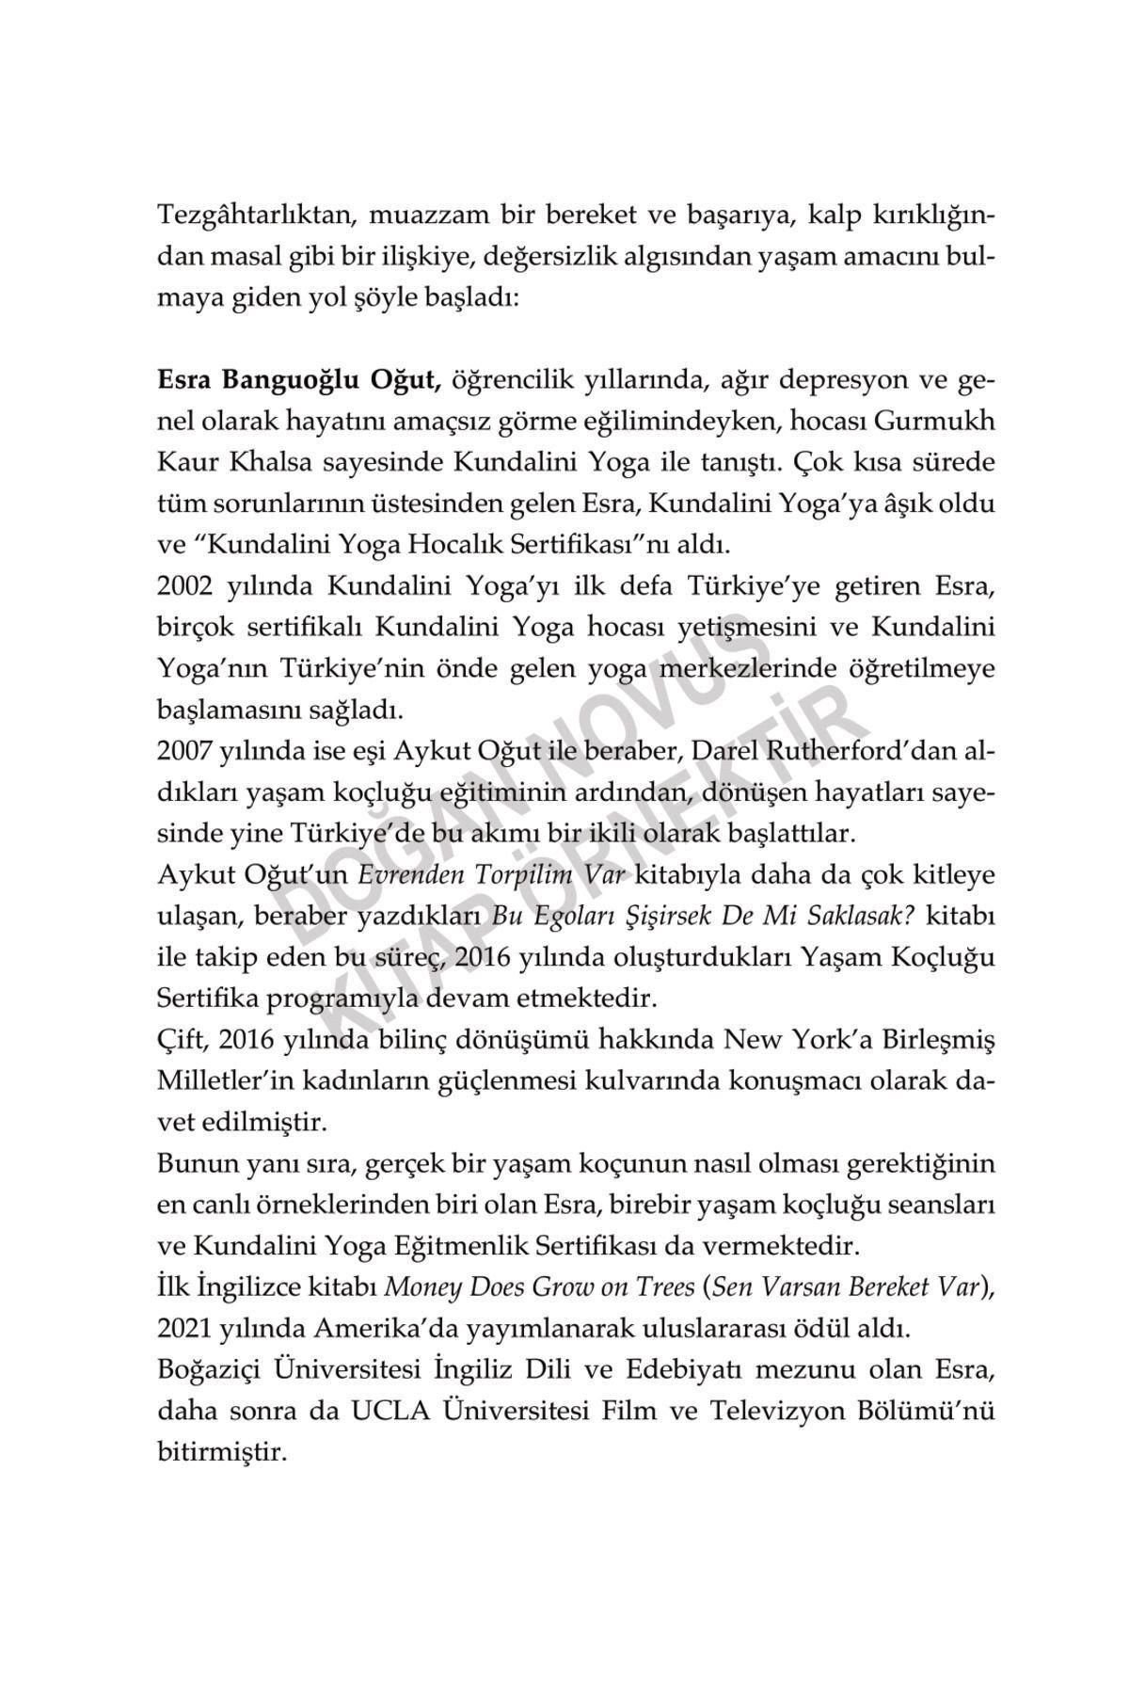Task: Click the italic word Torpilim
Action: pyautogui.click(x=517, y=875)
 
